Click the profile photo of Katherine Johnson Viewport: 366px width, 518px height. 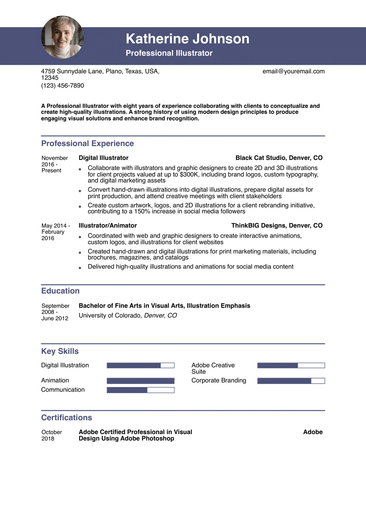(62, 37)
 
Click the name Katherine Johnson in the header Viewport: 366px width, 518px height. (187, 39)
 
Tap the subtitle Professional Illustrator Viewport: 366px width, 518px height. (169, 53)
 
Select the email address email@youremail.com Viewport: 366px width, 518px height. (293, 71)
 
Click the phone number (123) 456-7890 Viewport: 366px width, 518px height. (63, 85)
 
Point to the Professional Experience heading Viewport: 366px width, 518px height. (88, 144)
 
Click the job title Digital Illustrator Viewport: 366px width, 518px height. (103, 158)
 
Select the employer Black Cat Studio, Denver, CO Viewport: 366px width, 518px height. (279, 158)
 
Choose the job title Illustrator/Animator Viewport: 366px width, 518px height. (108, 226)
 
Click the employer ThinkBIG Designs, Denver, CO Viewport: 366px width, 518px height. (277, 226)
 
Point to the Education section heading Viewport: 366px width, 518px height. (60, 291)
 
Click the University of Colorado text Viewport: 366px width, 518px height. (110, 315)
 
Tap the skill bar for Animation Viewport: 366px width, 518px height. (141, 381)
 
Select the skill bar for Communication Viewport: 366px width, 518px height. (141, 390)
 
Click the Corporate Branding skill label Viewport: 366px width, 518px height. (219, 380)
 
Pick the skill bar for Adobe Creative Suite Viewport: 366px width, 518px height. (291, 365)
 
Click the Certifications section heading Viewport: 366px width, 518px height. (67, 418)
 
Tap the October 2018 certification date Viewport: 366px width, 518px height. (51, 435)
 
